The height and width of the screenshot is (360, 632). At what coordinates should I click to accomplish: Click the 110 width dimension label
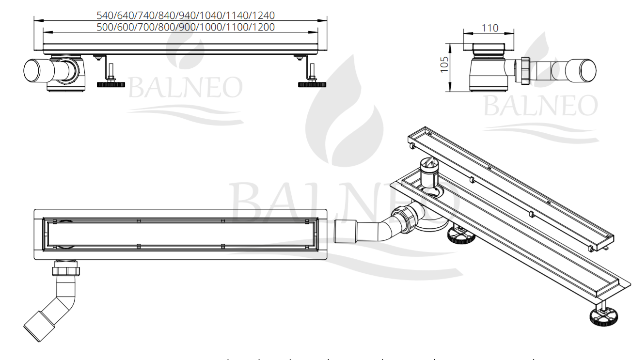pos(490,28)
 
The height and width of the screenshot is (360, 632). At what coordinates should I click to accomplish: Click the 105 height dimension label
pos(444,64)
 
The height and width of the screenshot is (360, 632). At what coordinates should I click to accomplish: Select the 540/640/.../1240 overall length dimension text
pos(185,15)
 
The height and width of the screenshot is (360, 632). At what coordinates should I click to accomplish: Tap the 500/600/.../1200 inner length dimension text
pos(185,27)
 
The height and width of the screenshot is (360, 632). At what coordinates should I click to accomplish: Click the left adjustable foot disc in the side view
pos(111,84)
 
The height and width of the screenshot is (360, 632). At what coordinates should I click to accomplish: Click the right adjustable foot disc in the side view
pos(312,84)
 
